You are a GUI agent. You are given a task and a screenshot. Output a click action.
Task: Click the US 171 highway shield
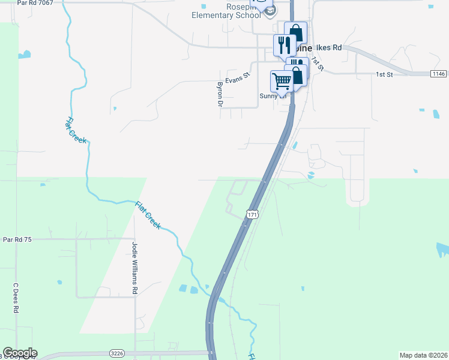[252, 214]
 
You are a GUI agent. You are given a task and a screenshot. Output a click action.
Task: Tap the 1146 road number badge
[439, 74]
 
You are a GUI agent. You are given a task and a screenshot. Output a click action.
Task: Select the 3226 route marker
[117, 353]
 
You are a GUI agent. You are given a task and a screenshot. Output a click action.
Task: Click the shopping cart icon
[282, 80]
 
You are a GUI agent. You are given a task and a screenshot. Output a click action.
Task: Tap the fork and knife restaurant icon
[283, 45]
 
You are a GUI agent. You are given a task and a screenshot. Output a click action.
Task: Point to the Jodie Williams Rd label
[134, 268]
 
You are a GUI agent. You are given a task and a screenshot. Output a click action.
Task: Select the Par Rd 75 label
[17, 239]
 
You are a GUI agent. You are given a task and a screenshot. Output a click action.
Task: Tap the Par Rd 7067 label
[35, 3]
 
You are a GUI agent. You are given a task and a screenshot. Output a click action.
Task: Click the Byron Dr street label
[220, 94]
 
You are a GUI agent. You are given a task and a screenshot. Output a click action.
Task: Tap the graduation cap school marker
[271, 11]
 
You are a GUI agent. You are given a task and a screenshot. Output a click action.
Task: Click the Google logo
[20, 353]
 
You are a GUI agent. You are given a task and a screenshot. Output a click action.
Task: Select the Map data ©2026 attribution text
[423, 355]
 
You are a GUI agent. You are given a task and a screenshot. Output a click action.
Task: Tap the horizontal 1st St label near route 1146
[384, 74]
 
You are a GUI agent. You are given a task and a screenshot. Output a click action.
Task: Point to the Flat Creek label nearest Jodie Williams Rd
[148, 214]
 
